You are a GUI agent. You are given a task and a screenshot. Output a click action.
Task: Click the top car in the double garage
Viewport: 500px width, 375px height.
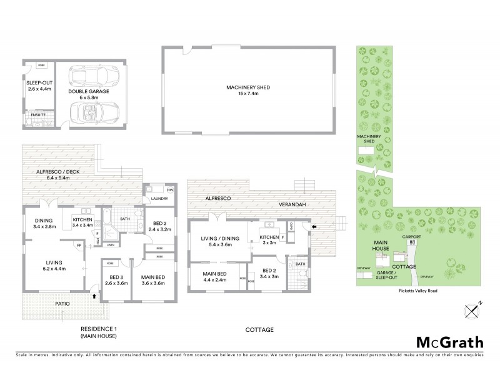point(92,77)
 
